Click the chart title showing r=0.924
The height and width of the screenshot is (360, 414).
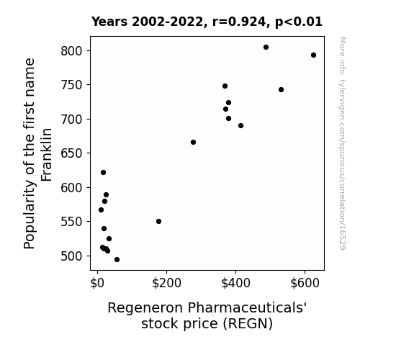click(x=207, y=22)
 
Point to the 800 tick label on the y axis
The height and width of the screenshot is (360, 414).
click(x=72, y=51)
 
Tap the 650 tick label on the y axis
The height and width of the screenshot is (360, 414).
click(x=72, y=153)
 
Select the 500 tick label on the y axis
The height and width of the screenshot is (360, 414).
click(x=72, y=256)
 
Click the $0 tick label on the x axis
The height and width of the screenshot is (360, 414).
click(x=97, y=283)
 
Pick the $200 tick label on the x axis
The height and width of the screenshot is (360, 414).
click(x=166, y=283)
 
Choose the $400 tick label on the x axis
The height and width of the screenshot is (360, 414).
click(x=235, y=283)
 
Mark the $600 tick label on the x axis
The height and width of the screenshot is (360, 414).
click(x=305, y=283)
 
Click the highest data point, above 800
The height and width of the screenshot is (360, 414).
click(x=266, y=48)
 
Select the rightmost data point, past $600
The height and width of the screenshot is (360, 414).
click(x=313, y=55)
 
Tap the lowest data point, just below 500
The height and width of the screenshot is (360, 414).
click(x=117, y=260)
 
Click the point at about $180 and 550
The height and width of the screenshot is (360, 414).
click(x=158, y=221)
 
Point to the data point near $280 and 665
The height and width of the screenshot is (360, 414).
click(x=193, y=143)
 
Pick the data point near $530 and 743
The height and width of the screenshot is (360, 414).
click(x=281, y=90)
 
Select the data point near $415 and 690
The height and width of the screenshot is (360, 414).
click(x=240, y=126)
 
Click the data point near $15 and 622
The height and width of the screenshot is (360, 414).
click(x=103, y=173)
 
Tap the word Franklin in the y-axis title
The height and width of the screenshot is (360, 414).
click(x=47, y=155)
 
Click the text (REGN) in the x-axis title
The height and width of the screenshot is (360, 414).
click(x=248, y=323)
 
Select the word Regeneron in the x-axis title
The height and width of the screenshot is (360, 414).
click(x=145, y=308)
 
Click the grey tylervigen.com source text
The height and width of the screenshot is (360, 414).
click(x=342, y=143)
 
